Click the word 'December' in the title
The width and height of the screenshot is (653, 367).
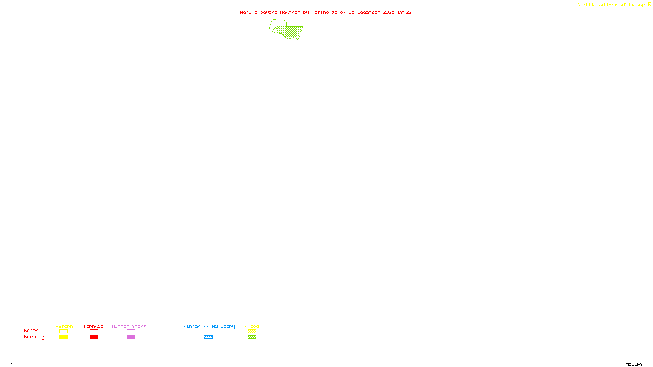(369, 12)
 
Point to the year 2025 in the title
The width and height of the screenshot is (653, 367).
(389, 12)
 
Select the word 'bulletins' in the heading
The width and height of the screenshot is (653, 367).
(316, 12)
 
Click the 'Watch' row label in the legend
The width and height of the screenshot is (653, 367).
(31, 330)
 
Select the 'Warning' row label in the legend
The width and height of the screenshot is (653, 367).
(34, 337)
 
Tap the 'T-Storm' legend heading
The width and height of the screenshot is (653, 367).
(63, 326)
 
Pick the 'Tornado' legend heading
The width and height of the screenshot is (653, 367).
(93, 326)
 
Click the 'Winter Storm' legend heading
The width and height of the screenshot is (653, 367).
(129, 326)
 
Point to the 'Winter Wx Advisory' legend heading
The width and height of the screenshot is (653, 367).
(209, 326)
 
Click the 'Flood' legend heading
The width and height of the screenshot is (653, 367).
(252, 326)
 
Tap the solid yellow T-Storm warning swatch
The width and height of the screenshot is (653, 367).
(63, 337)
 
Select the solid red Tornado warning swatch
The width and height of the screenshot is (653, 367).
(94, 337)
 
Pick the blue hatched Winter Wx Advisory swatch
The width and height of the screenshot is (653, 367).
(208, 337)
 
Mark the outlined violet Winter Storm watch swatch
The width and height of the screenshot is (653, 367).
(131, 332)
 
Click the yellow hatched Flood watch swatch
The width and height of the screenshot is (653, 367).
(252, 332)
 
